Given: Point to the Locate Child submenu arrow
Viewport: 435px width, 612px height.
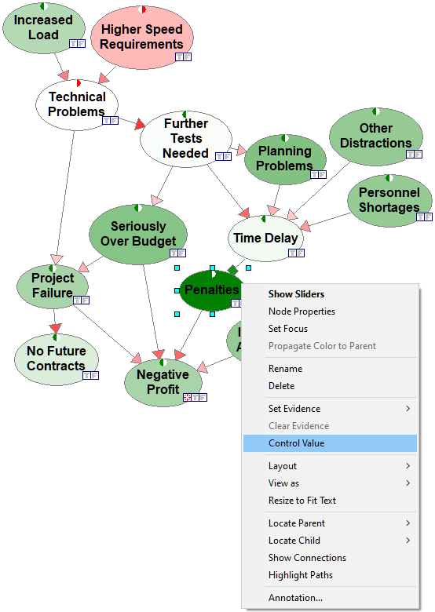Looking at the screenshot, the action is (x=408, y=541).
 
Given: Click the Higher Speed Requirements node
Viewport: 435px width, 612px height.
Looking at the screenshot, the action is (x=142, y=38).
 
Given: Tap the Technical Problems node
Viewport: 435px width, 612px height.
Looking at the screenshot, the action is (x=76, y=104).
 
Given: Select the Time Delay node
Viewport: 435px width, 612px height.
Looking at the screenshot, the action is (x=265, y=238).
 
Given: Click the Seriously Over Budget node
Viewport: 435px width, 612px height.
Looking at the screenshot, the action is (x=138, y=234).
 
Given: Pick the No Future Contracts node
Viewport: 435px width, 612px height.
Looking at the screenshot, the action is (x=57, y=359).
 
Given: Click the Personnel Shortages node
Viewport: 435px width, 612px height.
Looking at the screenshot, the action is (x=389, y=200).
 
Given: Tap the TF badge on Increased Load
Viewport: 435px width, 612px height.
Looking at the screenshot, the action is (x=77, y=43).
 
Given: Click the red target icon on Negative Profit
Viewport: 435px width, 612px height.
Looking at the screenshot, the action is (x=187, y=397).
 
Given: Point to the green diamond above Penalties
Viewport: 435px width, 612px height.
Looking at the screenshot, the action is (x=232, y=270).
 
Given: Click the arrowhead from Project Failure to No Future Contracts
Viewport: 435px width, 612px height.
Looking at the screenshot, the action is (x=56, y=328).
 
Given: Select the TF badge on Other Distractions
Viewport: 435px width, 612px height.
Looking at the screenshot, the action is (x=414, y=154).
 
